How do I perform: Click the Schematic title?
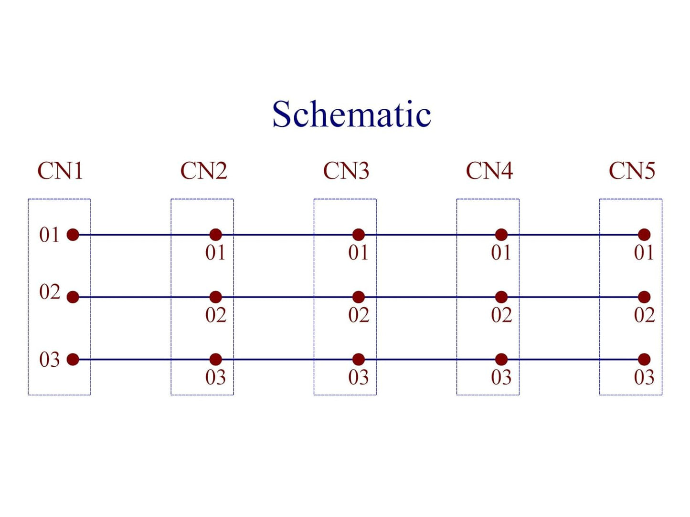[351, 114]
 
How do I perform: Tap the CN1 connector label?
[60, 171]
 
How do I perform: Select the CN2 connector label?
[204, 171]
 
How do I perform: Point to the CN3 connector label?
[346, 171]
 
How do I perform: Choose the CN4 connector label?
[489, 171]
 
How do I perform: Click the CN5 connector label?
[632, 171]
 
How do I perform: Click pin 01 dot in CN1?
[73, 235]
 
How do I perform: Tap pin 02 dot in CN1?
[73, 297]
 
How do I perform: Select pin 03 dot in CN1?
[73, 359]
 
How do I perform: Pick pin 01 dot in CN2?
[216, 235]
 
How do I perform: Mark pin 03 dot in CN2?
[216, 359]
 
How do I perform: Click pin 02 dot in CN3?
[359, 297]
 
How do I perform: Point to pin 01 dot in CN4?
[501, 235]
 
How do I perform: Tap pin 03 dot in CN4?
[501, 359]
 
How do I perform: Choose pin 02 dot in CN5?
[645, 297]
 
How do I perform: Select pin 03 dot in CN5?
[645, 359]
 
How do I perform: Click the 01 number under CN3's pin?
[358, 252]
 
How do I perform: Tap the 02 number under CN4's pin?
[501, 315]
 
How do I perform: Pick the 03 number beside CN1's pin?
[49, 360]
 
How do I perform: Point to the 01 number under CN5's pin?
[644, 252]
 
